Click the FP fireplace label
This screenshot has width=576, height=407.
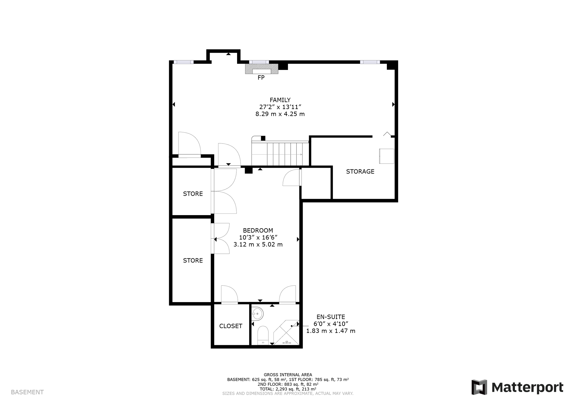click(x=261, y=78)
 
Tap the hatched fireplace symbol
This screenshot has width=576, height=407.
click(x=262, y=69)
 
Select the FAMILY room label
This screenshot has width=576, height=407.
click(x=280, y=100)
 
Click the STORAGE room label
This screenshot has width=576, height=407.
click(x=360, y=171)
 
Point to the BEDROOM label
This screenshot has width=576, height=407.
click(x=258, y=230)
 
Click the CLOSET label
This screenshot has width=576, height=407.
click(x=231, y=326)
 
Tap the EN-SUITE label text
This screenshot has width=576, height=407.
click(x=331, y=317)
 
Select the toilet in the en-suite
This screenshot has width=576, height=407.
click(x=263, y=335)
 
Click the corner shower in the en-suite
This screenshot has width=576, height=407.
click(x=286, y=332)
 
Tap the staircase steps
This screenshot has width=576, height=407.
click(x=280, y=154)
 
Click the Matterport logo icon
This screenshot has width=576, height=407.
click(x=479, y=387)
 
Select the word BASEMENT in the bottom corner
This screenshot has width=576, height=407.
click(x=27, y=392)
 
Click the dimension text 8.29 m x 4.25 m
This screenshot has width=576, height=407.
click(x=280, y=114)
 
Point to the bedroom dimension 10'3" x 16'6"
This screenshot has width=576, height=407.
click(x=258, y=237)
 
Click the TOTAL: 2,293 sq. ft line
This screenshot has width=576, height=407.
click(x=288, y=389)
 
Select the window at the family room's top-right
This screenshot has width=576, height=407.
click(x=370, y=62)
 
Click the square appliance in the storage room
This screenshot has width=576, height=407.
click(x=387, y=156)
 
